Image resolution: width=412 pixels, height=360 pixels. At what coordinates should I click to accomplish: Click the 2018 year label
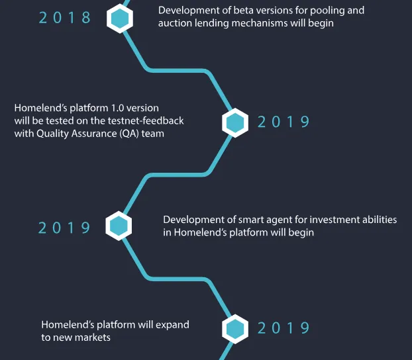65,18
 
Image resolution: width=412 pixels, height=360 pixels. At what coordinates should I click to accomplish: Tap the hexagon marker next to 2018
120,18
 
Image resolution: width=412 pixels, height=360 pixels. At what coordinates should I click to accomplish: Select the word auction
175,23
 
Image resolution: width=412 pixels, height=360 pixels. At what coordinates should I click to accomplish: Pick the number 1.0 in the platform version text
117,108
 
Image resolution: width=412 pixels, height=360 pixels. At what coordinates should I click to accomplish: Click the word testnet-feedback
146,120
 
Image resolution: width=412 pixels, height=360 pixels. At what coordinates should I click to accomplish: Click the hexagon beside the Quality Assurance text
235,122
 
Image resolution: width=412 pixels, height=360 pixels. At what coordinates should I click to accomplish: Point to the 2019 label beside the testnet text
283,122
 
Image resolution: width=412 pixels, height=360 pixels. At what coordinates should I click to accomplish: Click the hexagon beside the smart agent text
119,226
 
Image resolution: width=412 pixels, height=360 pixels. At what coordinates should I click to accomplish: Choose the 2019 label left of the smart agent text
64,228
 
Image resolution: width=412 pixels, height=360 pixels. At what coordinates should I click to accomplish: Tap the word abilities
380,220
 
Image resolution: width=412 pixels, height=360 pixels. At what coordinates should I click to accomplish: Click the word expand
172,325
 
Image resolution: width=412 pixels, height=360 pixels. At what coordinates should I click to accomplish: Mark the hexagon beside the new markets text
235,329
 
